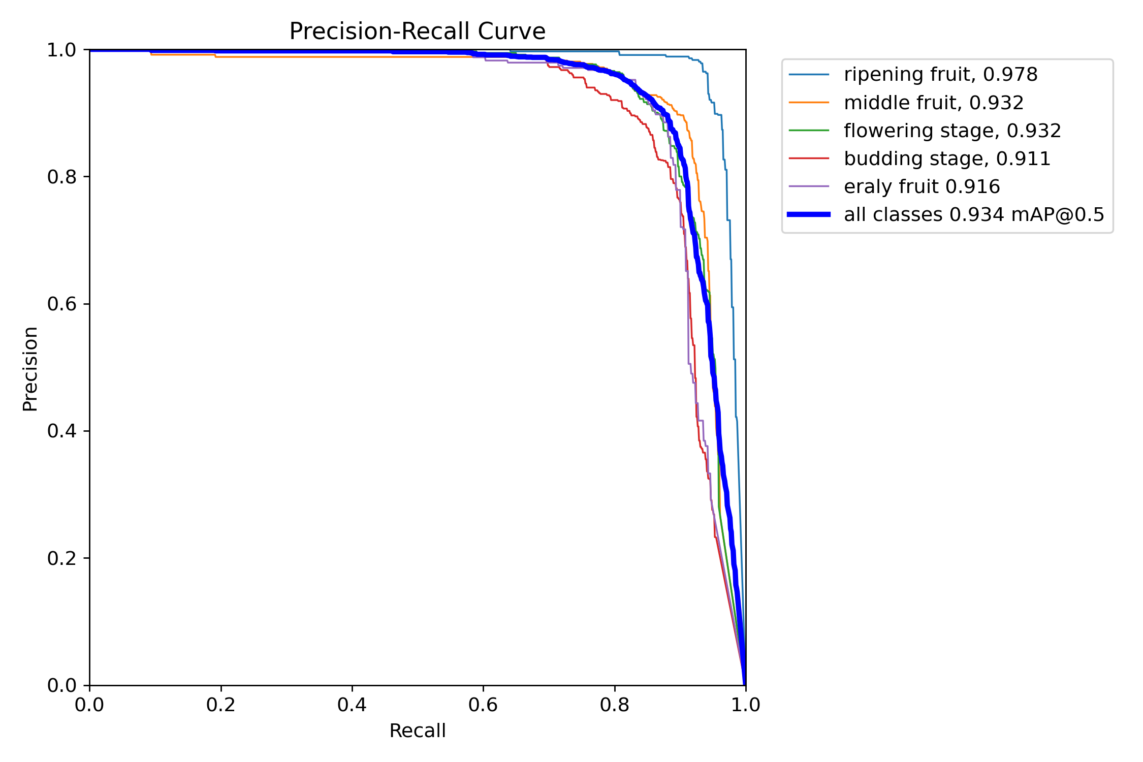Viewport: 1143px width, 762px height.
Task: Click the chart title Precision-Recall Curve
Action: (417, 31)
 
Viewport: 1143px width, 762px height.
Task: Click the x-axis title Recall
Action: (417, 731)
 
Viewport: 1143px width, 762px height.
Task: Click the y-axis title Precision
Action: (30, 369)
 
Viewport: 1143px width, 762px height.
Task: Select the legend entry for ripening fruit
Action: (940, 75)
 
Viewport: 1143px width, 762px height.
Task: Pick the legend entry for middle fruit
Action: (933, 103)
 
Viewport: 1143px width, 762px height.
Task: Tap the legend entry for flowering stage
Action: (952, 131)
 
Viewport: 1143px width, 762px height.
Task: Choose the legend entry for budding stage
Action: (947, 158)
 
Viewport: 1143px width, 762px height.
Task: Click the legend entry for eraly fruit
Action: (922, 186)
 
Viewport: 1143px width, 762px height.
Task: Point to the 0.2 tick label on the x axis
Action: (221, 705)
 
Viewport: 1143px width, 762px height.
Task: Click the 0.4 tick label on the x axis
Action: (352, 705)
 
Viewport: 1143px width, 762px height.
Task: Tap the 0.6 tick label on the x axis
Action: (483, 705)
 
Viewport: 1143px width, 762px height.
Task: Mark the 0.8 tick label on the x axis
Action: (615, 705)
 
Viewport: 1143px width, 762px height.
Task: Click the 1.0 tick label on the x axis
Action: (746, 705)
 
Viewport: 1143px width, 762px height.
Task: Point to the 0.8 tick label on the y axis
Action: (61, 177)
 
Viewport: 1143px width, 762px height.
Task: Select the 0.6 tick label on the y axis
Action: (61, 304)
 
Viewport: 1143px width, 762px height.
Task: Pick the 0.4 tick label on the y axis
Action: (61, 431)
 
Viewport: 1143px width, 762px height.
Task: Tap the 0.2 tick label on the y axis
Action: (61, 558)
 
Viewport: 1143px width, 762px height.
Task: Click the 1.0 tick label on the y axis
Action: (61, 50)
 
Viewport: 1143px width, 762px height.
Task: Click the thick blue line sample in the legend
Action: (809, 214)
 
